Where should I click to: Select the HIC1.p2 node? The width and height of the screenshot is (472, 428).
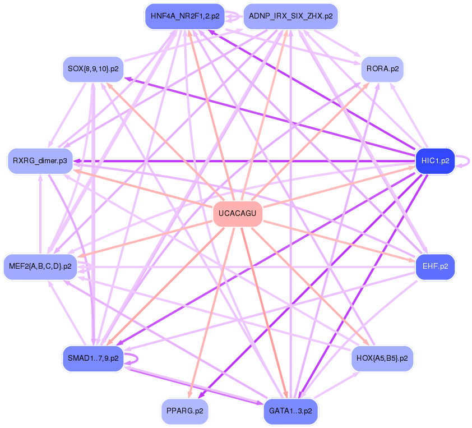click(x=434, y=161)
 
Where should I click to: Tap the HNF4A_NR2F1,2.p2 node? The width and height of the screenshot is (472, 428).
click(x=184, y=16)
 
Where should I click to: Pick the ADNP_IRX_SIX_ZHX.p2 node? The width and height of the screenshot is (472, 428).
click(x=290, y=16)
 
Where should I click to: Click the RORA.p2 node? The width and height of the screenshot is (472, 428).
click(x=382, y=69)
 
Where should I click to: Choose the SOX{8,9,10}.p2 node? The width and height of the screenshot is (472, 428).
click(x=92, y=69)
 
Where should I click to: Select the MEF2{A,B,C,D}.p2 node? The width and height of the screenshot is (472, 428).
click(x=40, y=266)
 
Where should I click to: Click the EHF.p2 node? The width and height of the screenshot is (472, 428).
click(x=434, y=266)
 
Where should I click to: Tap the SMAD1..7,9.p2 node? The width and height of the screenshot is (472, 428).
click(x=92, y=358)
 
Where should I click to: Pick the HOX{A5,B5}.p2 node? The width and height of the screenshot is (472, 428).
click(x=382, y=358)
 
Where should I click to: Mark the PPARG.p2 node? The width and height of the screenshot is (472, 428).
click(x=184, y=411)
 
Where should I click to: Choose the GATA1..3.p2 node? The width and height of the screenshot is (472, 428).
click(x=290, y=411)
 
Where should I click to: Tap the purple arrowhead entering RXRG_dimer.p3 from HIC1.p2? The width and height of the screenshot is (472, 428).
click(x=78, y=161)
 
